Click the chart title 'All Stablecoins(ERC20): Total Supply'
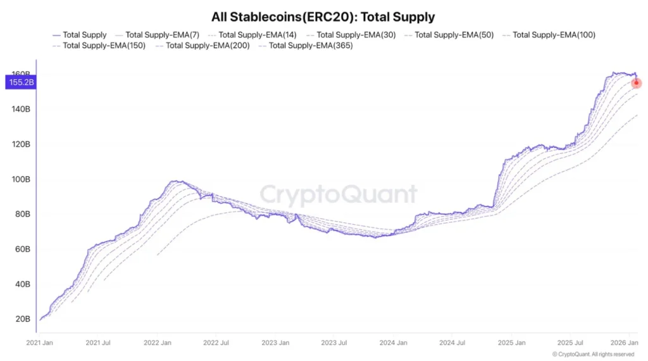click(x=323, y=17)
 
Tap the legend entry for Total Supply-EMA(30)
click(x=348, y=35)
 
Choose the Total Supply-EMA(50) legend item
click(x=446, y=35)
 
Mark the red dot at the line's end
click(x=636, y=83)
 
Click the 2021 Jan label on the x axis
click(x=40, y=343)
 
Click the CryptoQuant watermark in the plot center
click(x=339, y=195)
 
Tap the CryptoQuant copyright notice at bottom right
click(x=593, y=354)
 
